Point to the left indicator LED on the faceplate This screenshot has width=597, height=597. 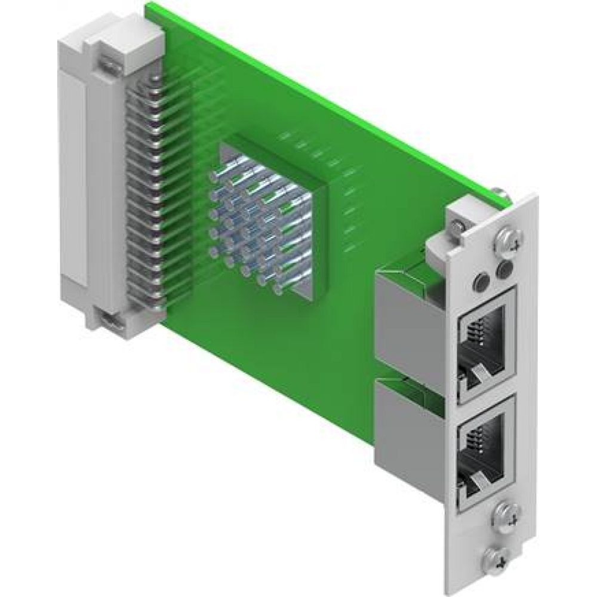point(479,279)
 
